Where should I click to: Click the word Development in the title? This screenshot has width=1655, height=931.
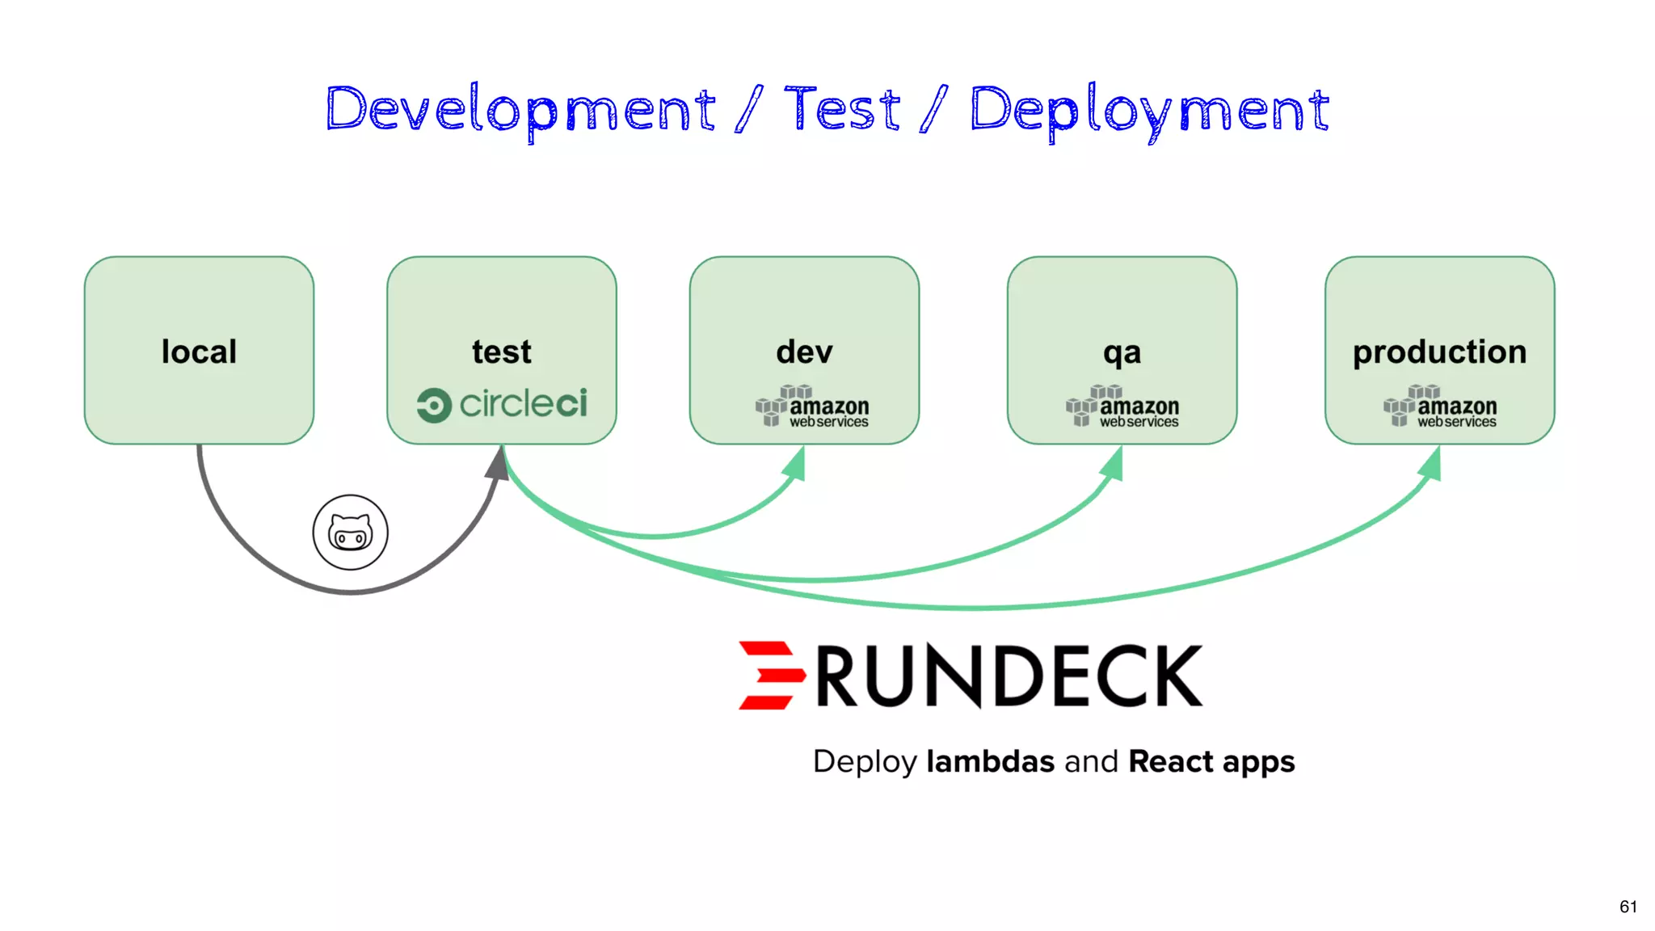coord(520,110)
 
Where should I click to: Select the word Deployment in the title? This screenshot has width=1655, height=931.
coord(1149,110)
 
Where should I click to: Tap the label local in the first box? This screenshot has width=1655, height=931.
coord(199,352)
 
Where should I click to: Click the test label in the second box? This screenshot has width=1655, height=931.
coord(501,352)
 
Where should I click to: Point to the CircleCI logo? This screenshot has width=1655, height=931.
coord(502,404)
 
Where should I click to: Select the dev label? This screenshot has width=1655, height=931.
coord(804,352)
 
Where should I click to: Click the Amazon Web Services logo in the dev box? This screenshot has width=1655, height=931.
coord(812,407)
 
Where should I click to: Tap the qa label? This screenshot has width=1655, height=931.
coord(1122,352)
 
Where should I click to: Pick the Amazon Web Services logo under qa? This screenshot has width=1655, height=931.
coord(1122,407)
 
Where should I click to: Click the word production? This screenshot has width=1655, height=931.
coord(1439,352)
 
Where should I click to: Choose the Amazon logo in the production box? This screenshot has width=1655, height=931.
coord(1439,407)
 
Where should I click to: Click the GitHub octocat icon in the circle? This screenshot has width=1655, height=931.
coord(350,533)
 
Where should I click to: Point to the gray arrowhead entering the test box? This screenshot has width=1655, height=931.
coord(497,465)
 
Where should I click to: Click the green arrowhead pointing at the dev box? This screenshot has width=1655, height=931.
coord(796,465)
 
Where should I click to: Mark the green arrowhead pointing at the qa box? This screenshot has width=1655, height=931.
coord(1114,465)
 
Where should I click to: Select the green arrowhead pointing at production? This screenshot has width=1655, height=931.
coord(1431,465)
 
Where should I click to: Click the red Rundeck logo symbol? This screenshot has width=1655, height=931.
coord(770,675)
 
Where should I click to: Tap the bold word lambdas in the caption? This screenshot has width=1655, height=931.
coord(990,761)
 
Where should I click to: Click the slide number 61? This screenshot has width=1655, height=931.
coord(1628,907)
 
